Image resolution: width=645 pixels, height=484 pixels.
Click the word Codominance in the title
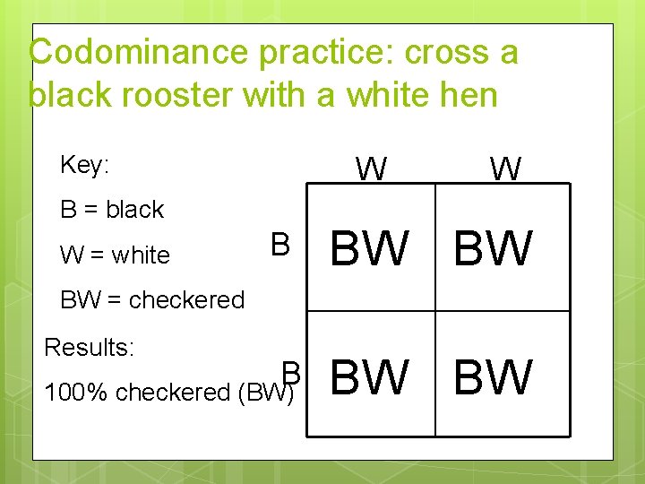(140, 52)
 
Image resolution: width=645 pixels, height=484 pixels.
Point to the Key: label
(84, 165)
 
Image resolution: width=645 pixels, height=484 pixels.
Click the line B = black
(112, 210)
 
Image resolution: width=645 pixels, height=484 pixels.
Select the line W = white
(115, 255)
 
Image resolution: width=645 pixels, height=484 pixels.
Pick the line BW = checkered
(152, 299)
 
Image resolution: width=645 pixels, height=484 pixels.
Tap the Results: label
(90, 346)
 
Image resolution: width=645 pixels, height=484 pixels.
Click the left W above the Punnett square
(371, 168)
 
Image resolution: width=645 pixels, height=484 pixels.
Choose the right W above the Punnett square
(505, 168)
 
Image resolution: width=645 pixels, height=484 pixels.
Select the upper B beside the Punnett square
(279, 245)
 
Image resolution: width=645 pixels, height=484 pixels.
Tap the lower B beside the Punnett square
(290, 372)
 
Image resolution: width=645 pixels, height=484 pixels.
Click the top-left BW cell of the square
(370, 248)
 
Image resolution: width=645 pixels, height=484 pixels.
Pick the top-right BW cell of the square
(494, 248)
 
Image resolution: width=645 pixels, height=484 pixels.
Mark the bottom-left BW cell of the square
(370, 376)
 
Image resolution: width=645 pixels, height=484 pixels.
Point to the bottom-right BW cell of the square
(494, 376)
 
